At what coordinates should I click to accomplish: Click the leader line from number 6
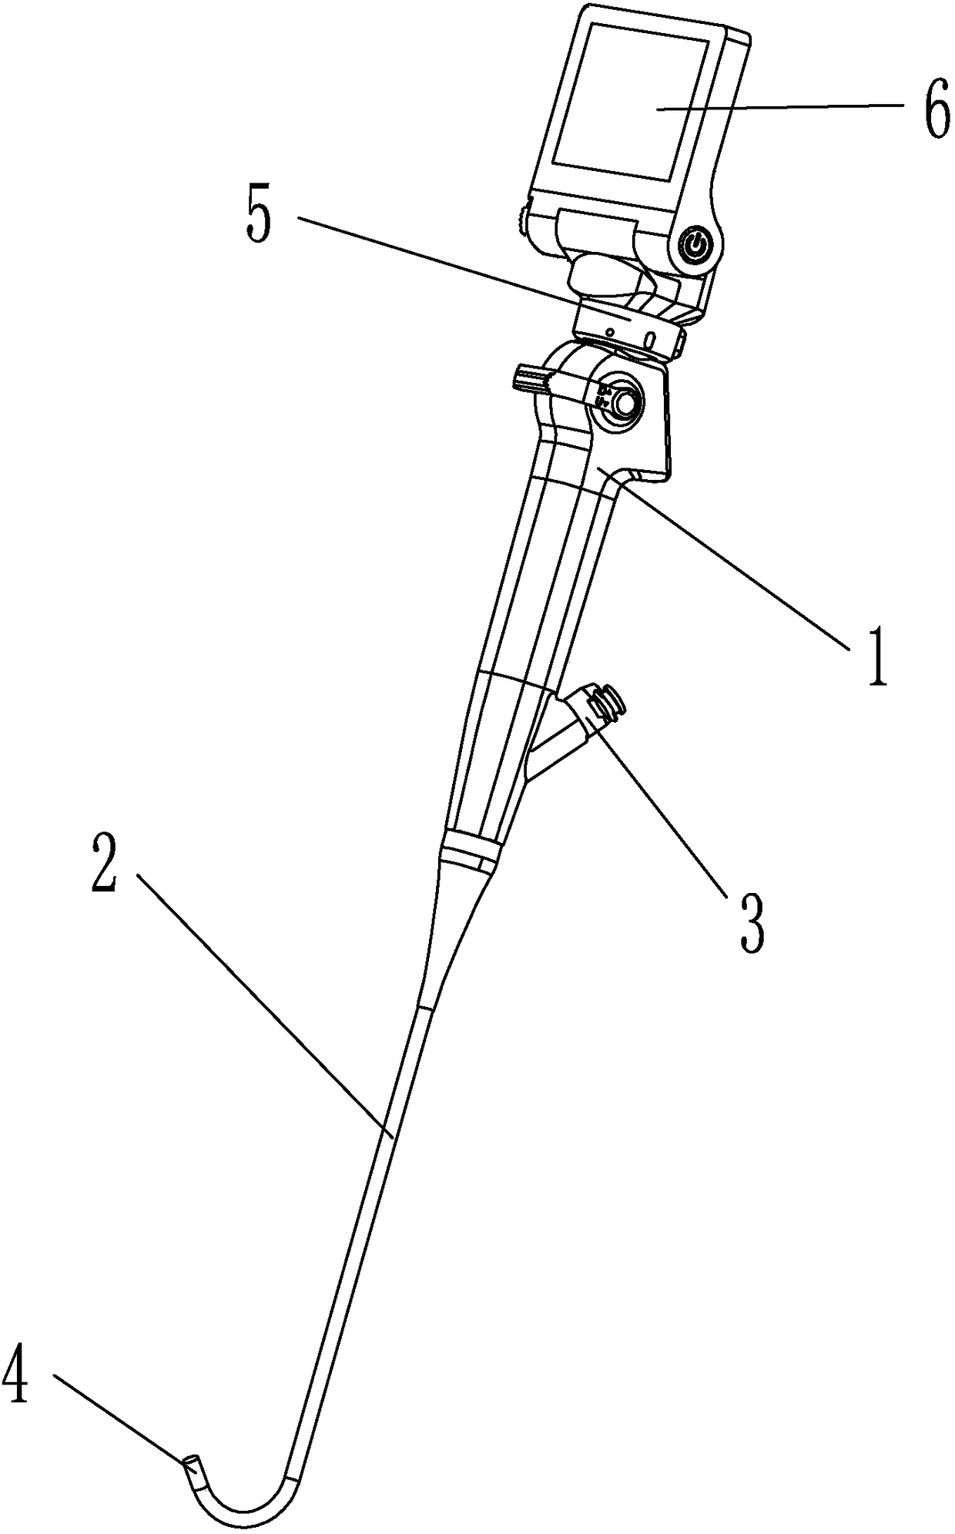tap(786, 107)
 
